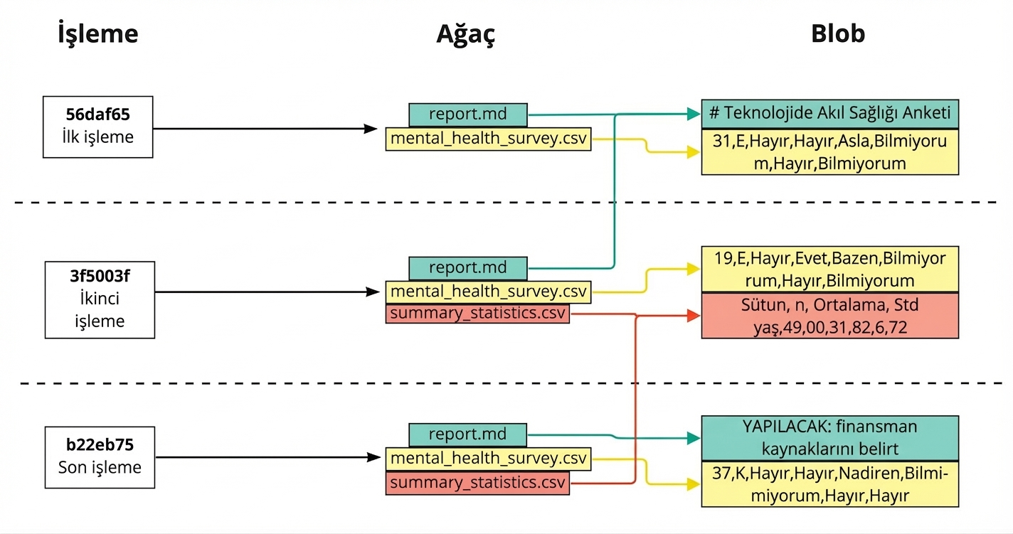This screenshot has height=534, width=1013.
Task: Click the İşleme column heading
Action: (x=97, y=34)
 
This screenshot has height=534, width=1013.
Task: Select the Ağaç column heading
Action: (x=465, y=34)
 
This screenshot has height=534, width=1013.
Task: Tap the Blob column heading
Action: (x=837, y=34)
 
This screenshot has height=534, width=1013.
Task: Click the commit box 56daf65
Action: (x=97, y=127)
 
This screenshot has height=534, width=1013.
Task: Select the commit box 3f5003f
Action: (x=99, y=299)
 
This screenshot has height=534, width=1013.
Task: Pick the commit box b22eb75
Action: (x=99, y=457)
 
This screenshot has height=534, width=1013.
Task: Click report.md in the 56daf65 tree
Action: (x=467, y=114)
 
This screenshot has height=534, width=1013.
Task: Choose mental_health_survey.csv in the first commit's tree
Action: (x=488, y=139)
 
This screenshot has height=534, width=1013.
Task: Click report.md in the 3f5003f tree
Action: (x=467, y=268)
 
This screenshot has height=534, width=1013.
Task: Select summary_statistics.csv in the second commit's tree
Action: (x=477, y=314)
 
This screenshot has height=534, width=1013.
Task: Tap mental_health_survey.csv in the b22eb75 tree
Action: (x=488, y=459)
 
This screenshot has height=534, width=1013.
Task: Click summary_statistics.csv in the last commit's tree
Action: (x=477, y=483)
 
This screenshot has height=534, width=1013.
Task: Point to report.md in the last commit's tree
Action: (x=467, y=434)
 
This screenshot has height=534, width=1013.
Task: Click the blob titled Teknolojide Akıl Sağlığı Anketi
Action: (x=829, y=114)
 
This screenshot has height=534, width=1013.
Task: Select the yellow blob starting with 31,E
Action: (x=829, y=152)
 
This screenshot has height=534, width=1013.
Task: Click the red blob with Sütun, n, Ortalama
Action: (x=829, y=315)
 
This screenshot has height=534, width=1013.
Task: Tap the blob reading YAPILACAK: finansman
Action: (x=829, y=438)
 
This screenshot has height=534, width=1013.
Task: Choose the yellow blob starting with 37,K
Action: (x=829, y=484)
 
